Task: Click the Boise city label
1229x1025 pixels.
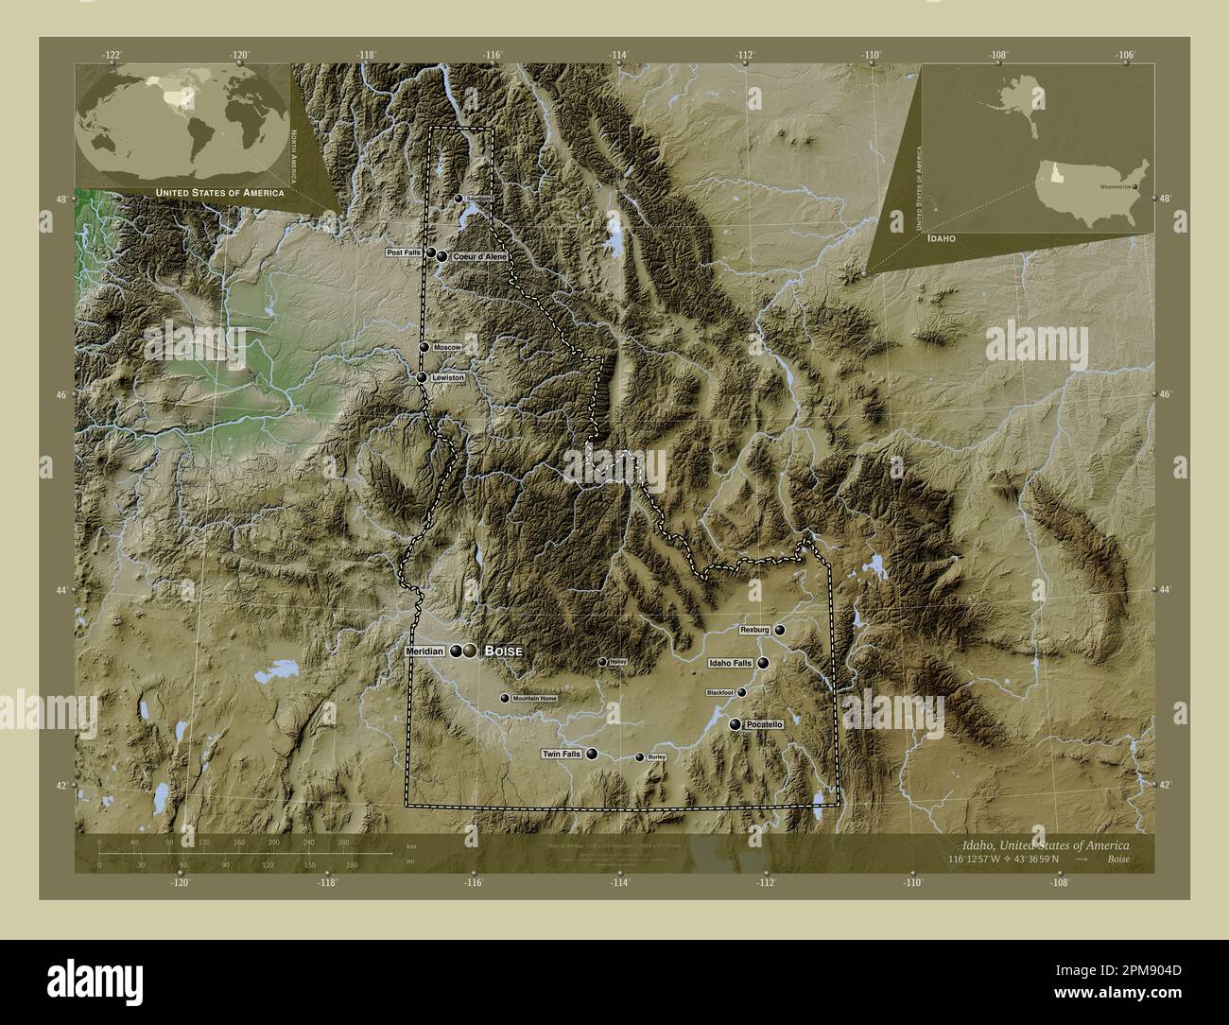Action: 503,651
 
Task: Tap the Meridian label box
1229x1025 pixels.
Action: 424,651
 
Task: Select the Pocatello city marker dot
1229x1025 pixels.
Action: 736,724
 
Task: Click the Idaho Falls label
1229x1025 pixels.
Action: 730,664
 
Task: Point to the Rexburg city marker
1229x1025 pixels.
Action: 780,630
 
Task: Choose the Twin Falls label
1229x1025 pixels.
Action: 561,755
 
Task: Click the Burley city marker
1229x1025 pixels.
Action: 640,757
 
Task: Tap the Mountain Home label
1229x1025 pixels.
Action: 534,699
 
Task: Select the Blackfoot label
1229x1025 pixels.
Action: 719,693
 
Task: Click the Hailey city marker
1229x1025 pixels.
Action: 602,662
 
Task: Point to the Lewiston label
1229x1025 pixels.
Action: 448,377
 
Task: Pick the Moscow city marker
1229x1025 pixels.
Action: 425,348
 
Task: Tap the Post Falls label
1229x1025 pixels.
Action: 404,253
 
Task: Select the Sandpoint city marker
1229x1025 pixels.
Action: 459,199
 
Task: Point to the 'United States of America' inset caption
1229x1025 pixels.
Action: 219,193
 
